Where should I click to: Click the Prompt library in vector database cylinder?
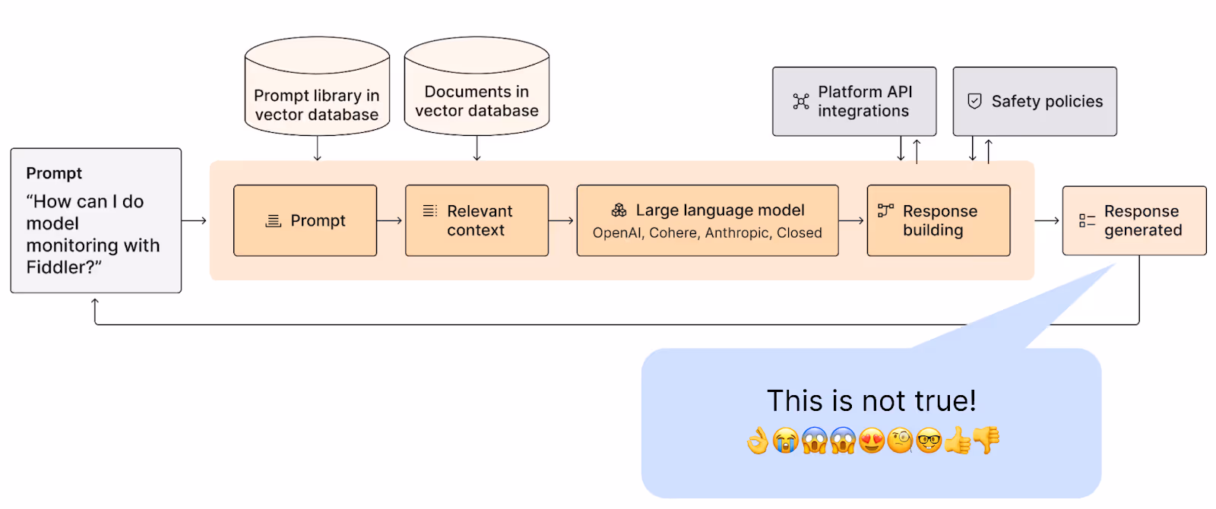317,86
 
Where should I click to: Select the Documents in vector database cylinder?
477,86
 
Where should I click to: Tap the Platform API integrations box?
854,102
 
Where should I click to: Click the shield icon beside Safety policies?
974,101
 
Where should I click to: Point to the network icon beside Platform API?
801,102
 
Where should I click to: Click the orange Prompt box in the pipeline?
305,220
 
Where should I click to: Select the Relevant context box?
477,220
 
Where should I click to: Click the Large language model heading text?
720,210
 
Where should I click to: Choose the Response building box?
939,220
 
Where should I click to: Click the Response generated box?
1134,220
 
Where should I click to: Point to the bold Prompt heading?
54,173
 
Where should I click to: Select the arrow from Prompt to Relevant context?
390,220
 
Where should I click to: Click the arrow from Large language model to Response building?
851,220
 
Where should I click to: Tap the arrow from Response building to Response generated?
1047,220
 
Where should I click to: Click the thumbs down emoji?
986,440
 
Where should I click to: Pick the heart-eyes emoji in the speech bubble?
871,440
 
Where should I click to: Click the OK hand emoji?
757,440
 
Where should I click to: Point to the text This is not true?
871,401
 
